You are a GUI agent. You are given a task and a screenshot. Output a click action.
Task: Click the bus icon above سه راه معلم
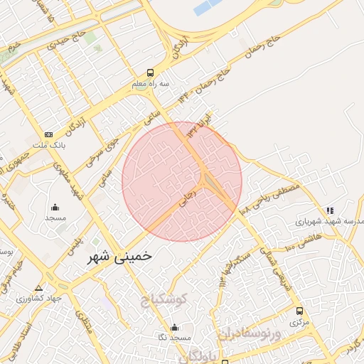tap(149, 73)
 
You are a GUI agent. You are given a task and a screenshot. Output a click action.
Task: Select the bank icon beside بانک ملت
tap(48, 134)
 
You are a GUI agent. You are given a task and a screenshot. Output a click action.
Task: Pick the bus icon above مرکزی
tap(299, 311)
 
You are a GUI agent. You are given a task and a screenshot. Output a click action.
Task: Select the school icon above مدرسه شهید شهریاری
tap(329, 210)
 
